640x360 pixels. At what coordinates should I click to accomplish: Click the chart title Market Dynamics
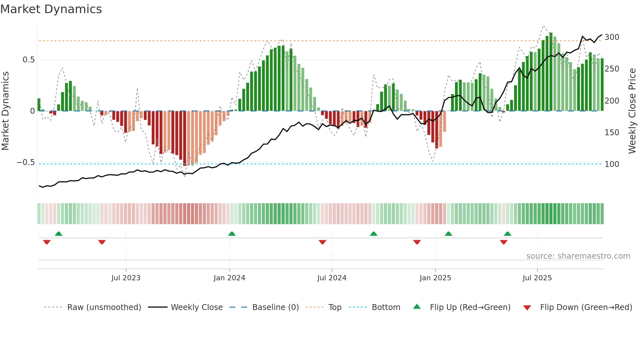point(51,9)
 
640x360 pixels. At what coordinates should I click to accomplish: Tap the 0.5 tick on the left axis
point(28,60)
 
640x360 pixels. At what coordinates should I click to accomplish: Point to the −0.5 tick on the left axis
point(25,162)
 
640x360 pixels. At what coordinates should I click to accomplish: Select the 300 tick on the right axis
point(612,37)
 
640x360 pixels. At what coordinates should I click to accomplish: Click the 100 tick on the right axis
point(612,164)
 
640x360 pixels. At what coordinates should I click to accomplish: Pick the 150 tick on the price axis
point(612,133)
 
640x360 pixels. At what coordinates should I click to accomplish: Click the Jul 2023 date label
point(126,278)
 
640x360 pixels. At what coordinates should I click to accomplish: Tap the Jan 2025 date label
point(435,278)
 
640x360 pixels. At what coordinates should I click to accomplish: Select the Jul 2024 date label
point(331,278)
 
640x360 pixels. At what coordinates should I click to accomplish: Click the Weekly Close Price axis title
point(632,111)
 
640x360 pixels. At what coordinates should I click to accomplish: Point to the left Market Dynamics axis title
point(6,111)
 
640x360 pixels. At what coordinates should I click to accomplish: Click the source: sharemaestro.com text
point(578,256)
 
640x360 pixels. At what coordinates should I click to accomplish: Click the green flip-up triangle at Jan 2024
point(232,234)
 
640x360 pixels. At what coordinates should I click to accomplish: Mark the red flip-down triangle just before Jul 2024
point(322,242)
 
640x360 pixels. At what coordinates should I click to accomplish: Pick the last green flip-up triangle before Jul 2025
point(507,234)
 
